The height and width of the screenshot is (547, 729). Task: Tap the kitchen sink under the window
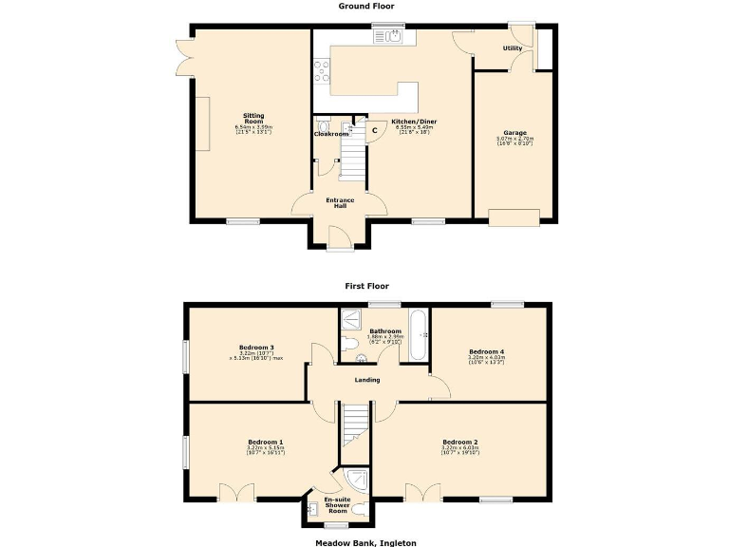392,37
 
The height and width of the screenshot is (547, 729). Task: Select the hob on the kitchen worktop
321,72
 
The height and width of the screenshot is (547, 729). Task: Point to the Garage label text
514,133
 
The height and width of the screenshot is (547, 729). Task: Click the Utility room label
513,47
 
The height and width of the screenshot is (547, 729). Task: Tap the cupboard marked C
374,130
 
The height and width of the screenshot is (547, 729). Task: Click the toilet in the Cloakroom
325,125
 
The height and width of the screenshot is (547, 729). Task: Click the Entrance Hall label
340,202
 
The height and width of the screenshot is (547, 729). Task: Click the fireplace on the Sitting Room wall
201,123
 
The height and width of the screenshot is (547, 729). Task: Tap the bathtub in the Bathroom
419,336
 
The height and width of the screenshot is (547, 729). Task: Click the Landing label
367,380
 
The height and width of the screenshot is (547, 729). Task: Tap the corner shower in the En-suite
353,481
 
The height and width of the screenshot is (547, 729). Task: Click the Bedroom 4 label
486,351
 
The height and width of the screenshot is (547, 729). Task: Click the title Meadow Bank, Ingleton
365,542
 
